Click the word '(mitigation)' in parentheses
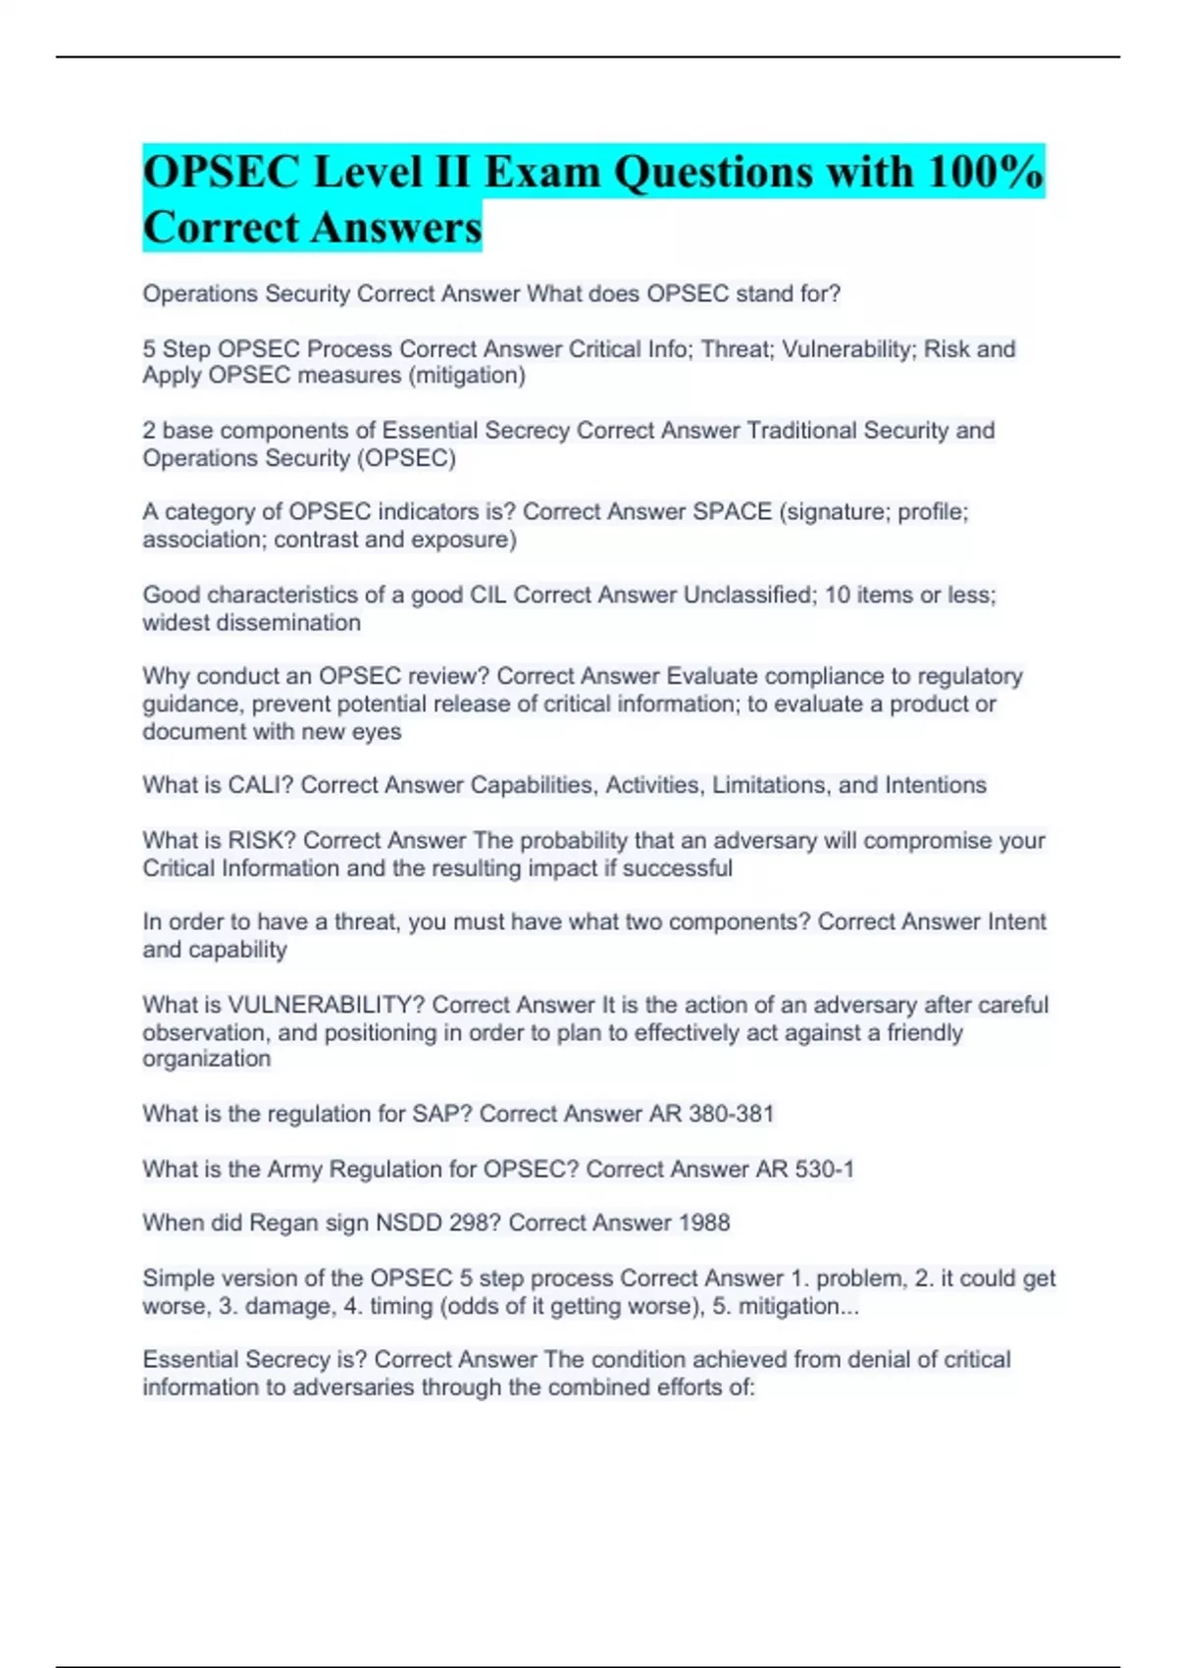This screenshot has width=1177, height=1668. (x=467, y=376)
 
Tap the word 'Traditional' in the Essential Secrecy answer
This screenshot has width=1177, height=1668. (x=801, y=431)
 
